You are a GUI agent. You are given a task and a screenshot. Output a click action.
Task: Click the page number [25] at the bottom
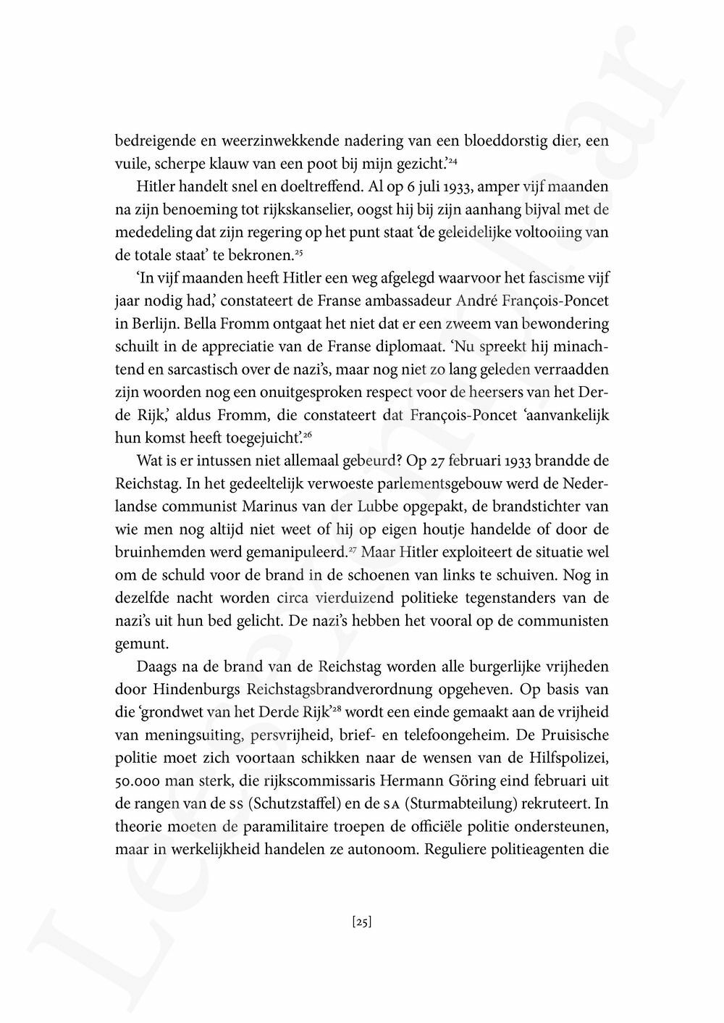pos(361,922)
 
